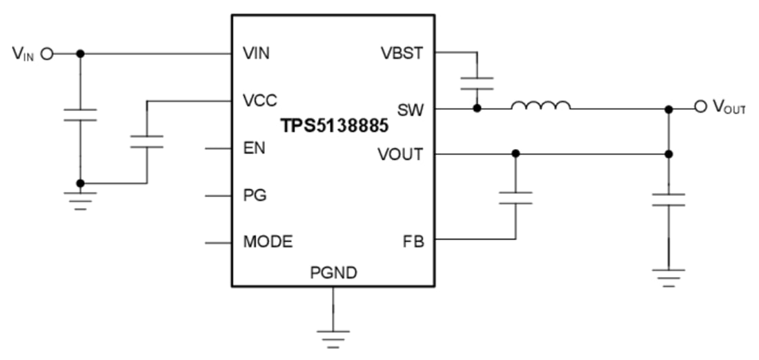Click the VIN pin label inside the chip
[x=257, y=54]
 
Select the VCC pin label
[x=260, y=101]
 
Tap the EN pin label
[x=254, y=148]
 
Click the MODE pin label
[x=268, y=242]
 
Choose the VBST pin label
[x=402, y=53]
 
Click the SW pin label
[x=411, y=109]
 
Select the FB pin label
[x=413, y=242]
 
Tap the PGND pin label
[x=333, y=274]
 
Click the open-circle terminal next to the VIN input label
[x=47, y=54]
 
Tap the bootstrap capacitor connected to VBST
[x=477, y=83]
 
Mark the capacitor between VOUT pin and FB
[x=515, y=198]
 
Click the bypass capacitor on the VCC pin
[x=146, y=141]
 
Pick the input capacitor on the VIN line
[x=80, y=114]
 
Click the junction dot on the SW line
[x=477, y=108]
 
